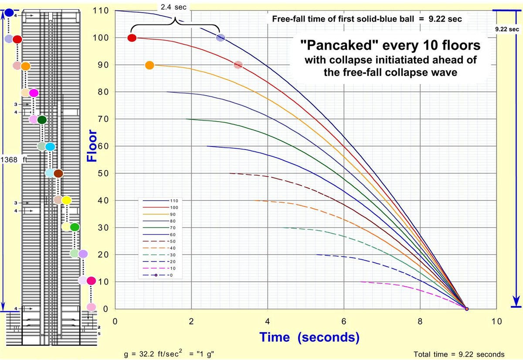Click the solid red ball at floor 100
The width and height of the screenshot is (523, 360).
[x=132, y=38]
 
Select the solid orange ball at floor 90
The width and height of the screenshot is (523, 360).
[x=149, y=65]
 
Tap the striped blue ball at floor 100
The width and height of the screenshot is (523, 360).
[x=221, y=38]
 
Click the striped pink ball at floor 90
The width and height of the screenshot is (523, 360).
[x=238, y=65]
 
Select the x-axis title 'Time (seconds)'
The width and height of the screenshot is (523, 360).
[x=309, y=337]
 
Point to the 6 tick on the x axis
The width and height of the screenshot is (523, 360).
[x=344, y=322]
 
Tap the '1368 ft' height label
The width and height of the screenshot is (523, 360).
[x=14, y=160]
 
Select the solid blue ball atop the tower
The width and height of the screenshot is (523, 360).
[x=9, y=13]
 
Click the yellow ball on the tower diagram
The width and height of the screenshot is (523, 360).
[x=66, y=200]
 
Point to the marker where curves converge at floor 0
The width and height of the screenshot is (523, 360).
[x=467, y=309]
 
